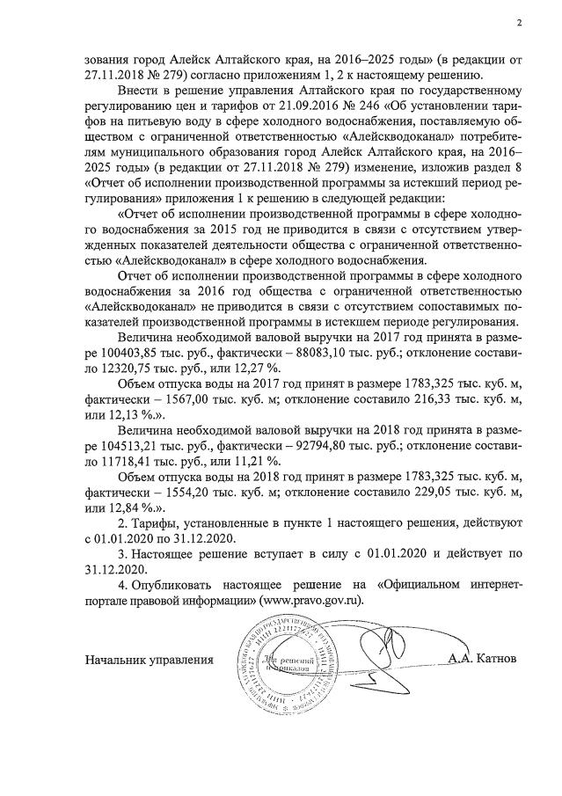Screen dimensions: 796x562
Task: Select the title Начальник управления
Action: coord(150,658)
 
